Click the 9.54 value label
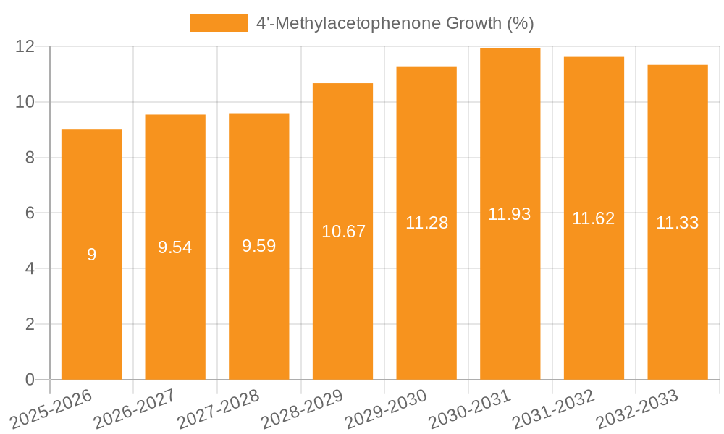(x=175, y=247)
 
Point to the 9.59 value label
(x=259, y=246)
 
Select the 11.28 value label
(x=426, y=223)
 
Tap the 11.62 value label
(x=594, y=218)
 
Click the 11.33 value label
(x=677, y=223)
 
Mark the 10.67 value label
(x=343, y=231)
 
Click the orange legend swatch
(x=218, y=23)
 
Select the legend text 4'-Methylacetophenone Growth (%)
(x=395, y=23)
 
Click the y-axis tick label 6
(x=30, y=213)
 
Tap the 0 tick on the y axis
(x=30, y=380)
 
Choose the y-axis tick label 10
(x=25, y=102)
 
